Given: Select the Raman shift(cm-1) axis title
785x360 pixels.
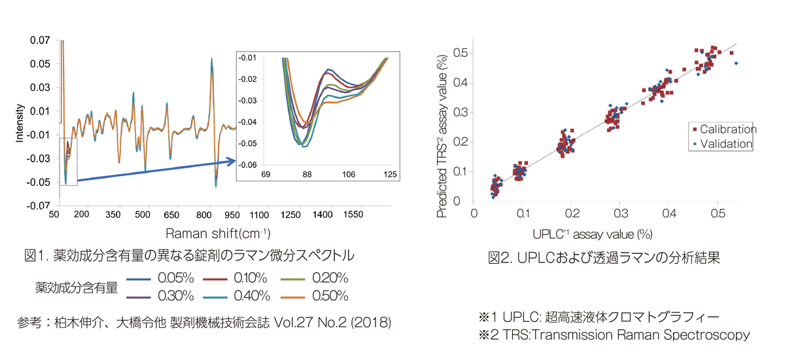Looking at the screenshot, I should [218, 233].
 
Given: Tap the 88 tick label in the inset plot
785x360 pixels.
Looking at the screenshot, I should [307, 175].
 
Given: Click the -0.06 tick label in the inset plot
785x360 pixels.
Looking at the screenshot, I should [247, 165].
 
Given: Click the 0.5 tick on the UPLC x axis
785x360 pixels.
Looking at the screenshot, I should [717, 214].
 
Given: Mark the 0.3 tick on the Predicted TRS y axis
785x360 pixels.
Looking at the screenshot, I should [466, 113].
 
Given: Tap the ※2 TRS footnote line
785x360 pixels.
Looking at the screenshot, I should [614, 335].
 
